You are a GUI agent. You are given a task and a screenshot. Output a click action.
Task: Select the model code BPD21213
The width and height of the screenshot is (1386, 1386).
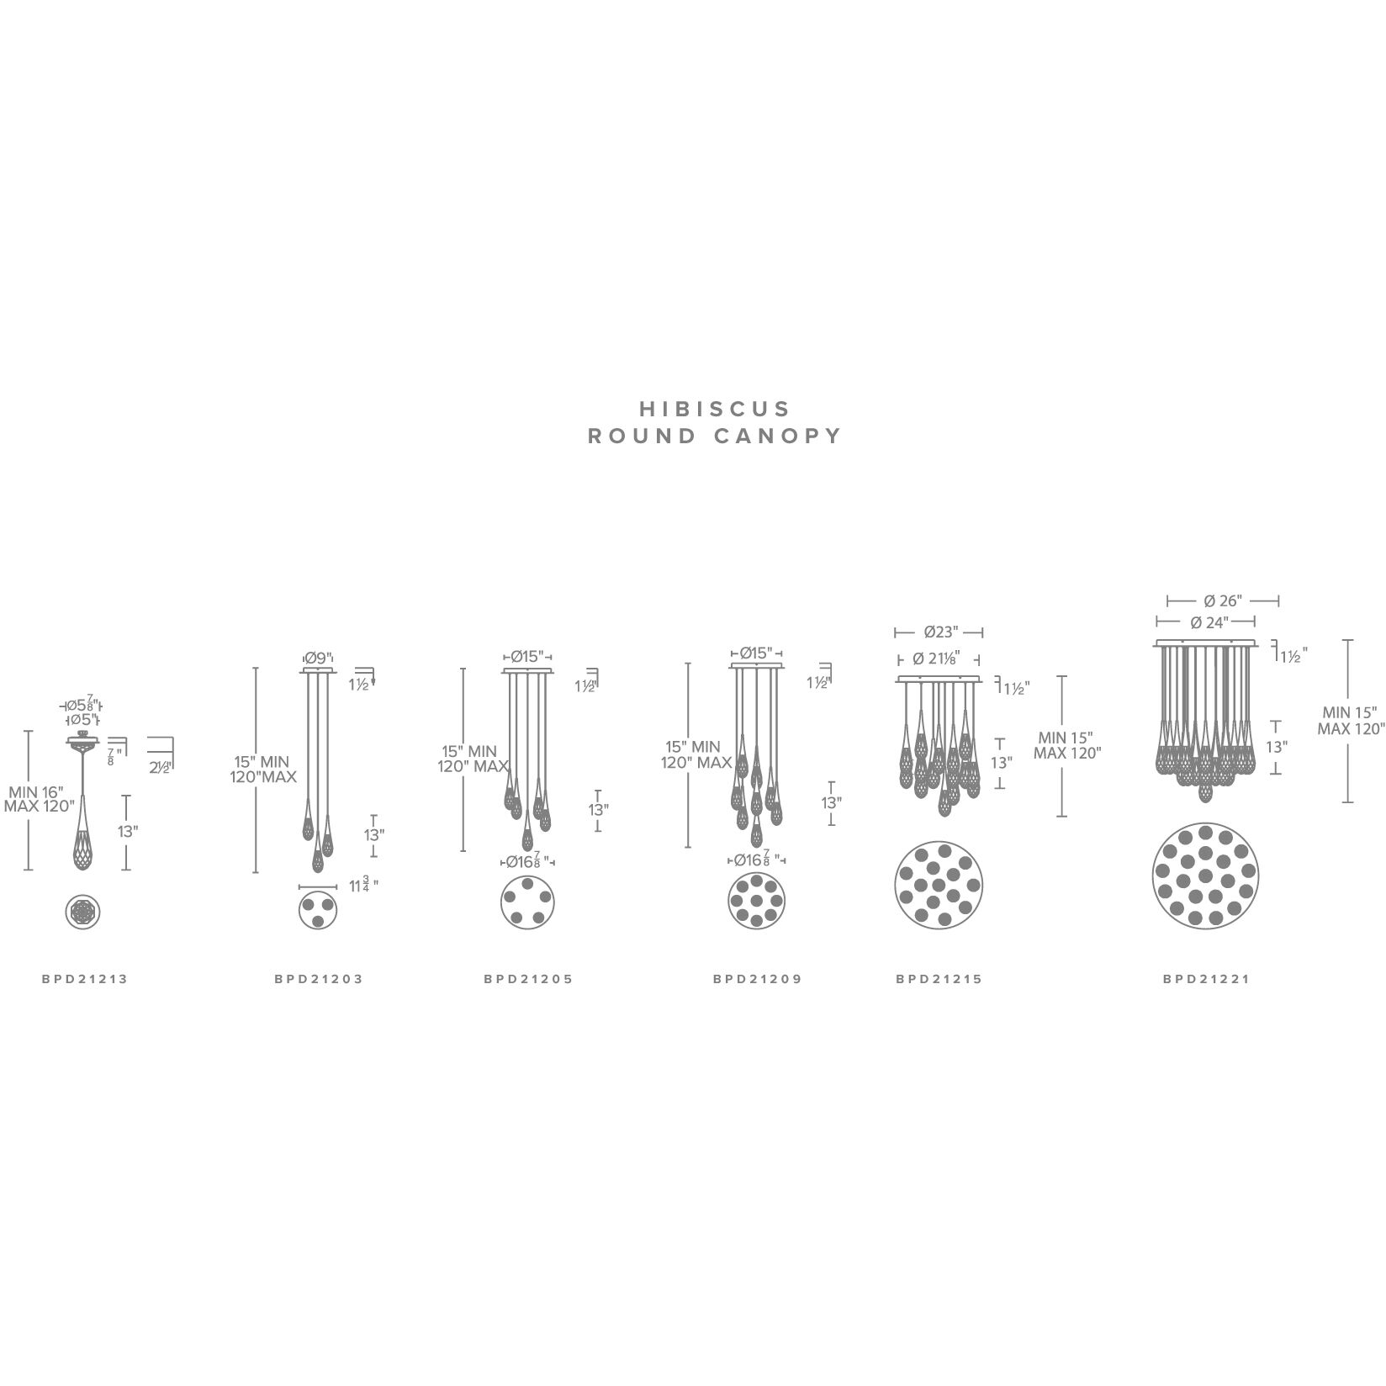pyautogui.click(x=85, y=979)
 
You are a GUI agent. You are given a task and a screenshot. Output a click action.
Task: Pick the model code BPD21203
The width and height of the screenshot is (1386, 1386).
pyautogui.click(x=319, y=979)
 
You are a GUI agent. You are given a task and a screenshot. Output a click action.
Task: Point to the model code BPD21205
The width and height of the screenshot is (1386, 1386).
pyautogui.click(x=528, y=979)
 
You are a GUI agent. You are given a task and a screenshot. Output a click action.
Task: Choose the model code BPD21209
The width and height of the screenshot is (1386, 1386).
pyautogui.click(x=758, y=979)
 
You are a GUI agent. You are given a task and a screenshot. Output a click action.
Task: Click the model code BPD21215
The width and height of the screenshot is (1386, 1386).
pyautogui.click(x=939, y=979)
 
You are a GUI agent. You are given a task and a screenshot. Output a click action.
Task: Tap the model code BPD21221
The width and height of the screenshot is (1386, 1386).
pyautogui.click(x=1206, y=979)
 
